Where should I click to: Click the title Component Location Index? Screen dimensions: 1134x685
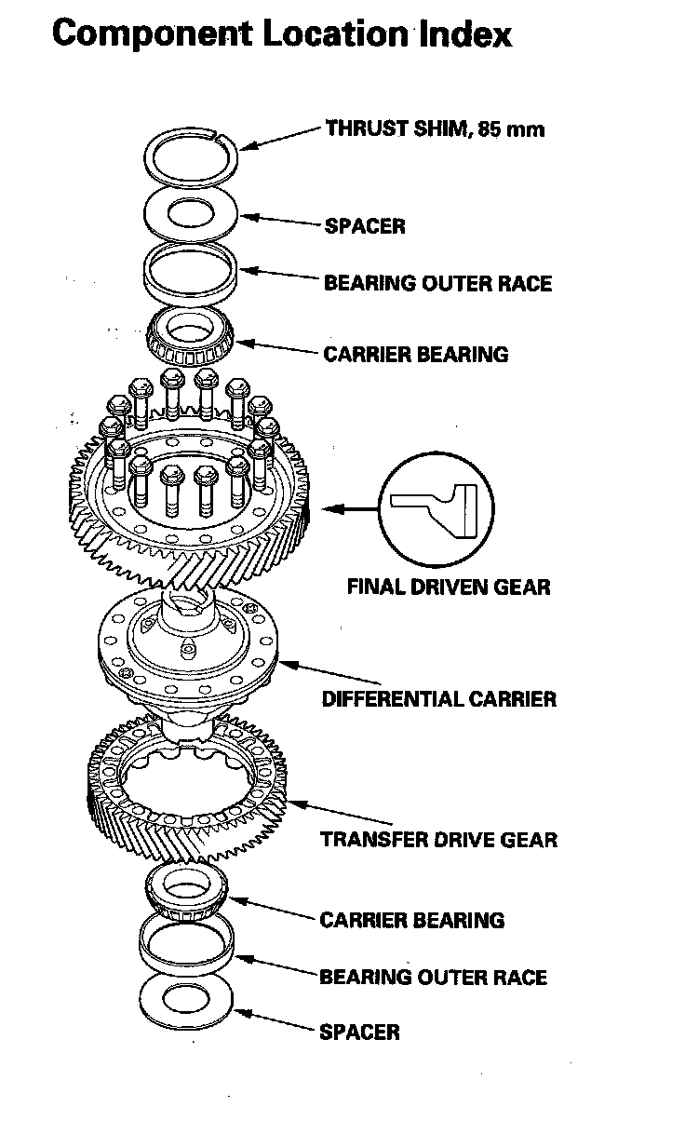(282, 34)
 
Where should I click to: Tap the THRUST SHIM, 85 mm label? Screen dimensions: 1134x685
(435, 128)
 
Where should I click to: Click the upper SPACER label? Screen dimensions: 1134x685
(364, 226)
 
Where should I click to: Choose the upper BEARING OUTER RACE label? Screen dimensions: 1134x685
(437, 283)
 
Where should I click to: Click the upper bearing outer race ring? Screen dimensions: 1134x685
(194, 273)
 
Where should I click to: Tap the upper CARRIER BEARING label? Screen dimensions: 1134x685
(416, 355)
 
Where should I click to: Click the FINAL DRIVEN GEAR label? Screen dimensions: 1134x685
(449, 587)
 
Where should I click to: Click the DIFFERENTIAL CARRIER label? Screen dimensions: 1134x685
(438, 698)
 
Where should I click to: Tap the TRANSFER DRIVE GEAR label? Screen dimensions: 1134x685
(438, 840)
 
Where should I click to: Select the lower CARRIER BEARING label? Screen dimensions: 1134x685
(411, 921)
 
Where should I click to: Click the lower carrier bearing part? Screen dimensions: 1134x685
(190, 891)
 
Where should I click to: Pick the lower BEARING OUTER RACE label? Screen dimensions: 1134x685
(433, 978)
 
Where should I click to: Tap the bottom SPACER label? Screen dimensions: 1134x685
(359, 1033)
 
